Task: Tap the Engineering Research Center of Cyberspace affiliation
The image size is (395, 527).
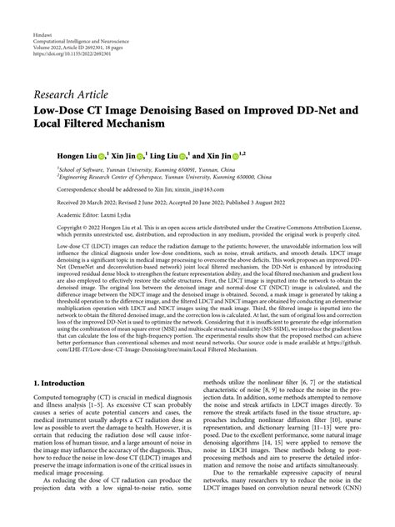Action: [158, 175]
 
